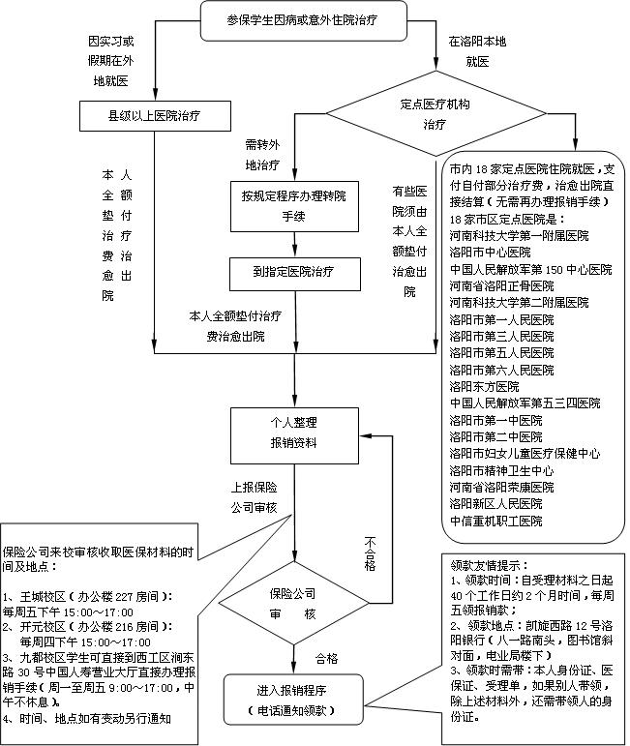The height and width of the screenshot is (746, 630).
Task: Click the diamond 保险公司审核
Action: pyautogui.click(x=294, y=604)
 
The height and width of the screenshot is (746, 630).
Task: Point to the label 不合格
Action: pyautogui.click(x=370, y=552)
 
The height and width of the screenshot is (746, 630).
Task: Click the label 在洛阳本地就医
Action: pyautogui.click(x=470, y=52)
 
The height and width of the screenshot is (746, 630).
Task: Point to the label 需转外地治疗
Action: pyautogui.click(x=261, y=154)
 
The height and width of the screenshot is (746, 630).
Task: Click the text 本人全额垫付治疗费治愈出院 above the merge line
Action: pyautogui.click(x=237, y=326)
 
